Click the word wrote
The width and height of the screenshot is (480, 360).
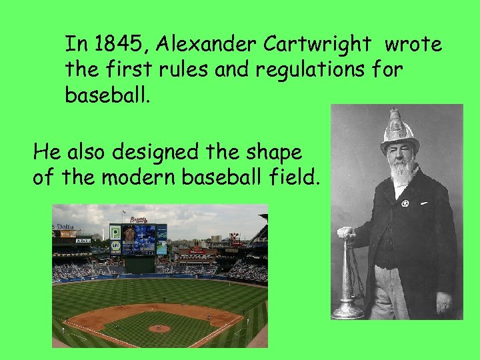[x=413, y=45]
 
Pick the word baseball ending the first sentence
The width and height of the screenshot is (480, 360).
[x=106, y=94]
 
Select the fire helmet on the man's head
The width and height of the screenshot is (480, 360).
[x=399, y=131]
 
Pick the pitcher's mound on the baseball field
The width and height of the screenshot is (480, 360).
[x=159, y=328]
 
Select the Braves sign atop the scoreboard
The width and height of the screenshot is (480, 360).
[x=137, y=218]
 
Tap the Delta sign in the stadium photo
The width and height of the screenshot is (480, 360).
[x=65, y=227]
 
